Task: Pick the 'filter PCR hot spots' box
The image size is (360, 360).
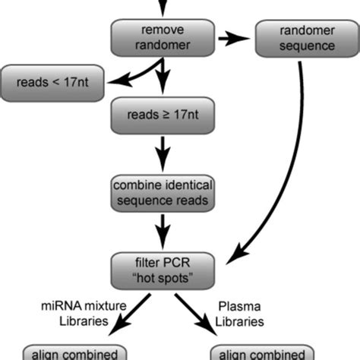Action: [x=161, y=270]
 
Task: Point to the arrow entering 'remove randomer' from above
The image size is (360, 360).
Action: [x=161, y=8]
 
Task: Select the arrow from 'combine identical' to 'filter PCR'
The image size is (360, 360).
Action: [x=161, y=232]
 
